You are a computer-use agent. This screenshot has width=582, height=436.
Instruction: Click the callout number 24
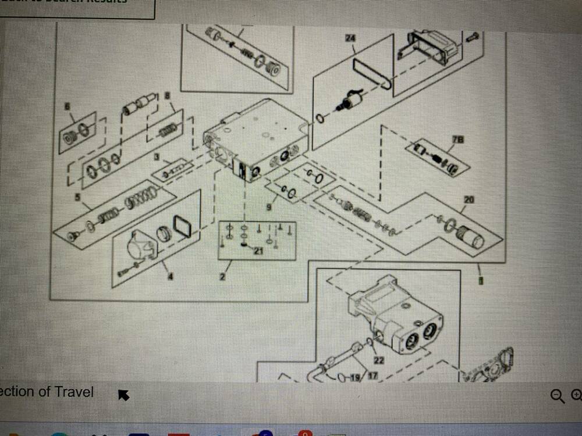point(350,38)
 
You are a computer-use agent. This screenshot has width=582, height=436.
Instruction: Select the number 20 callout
point(469,200)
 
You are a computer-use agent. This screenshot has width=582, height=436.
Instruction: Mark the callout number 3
point(157,157)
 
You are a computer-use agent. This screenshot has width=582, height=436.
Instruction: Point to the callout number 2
point(222,277)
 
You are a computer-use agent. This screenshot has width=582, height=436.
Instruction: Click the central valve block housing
point(256,140)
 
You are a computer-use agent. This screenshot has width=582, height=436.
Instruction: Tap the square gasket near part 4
point(182,226)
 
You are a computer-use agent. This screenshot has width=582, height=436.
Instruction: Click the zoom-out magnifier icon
point(557,396)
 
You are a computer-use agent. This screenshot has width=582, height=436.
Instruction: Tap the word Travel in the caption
point(74,391)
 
